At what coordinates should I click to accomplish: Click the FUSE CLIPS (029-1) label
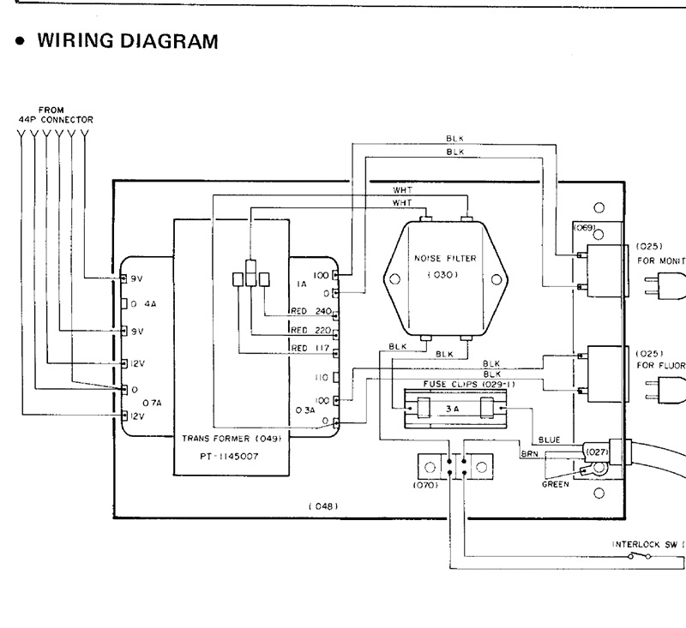[x=453, y=385]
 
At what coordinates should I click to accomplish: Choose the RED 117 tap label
[x=311, y=347]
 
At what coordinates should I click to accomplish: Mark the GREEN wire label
[x=556, y=485]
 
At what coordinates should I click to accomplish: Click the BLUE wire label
[x=550, y=440]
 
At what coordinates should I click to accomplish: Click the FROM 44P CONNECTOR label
[x=56, y=115]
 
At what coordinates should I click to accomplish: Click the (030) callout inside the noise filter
[x=444, y=275]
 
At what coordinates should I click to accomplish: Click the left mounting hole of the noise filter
[x=394, y=279]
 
